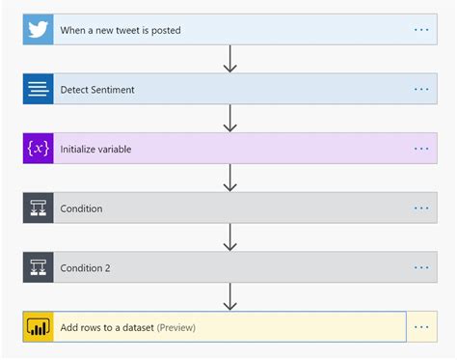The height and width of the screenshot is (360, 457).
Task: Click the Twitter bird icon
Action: tap(38, 29)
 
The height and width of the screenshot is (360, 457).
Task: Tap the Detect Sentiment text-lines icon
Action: tap(38, 89)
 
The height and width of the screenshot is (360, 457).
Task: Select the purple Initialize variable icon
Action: tap(38, 149)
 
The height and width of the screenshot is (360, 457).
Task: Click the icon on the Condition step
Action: tap(38, 208)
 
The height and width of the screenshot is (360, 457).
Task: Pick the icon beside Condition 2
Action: tap(38, 267)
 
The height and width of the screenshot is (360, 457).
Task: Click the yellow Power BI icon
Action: tap(38, 327)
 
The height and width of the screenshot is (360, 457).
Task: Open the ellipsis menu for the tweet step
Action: tap(421, 30)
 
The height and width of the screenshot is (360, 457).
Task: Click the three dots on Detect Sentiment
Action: tap(421, 89)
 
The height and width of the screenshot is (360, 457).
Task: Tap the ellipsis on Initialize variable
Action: tap(421, 149)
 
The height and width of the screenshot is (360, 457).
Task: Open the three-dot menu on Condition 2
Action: tap(421, 267)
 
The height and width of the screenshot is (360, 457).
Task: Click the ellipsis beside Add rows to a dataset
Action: tap(421, 327)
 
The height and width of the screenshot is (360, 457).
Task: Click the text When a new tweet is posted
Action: tap(121, 30)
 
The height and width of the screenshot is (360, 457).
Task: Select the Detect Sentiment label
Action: tap(97, 90)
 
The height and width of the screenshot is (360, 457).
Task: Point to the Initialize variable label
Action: tap(95, 150)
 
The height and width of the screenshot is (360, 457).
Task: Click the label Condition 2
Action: tap(86, 268)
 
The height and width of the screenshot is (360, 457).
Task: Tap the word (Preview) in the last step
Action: tap(175, 328)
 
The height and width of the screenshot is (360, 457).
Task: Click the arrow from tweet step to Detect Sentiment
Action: tap(229, 59)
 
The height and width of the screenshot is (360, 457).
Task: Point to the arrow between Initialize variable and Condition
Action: tap(229, 179)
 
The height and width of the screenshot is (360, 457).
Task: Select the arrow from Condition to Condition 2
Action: tap(229, 237)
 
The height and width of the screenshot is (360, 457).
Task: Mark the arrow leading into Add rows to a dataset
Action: tap(229, 297)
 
